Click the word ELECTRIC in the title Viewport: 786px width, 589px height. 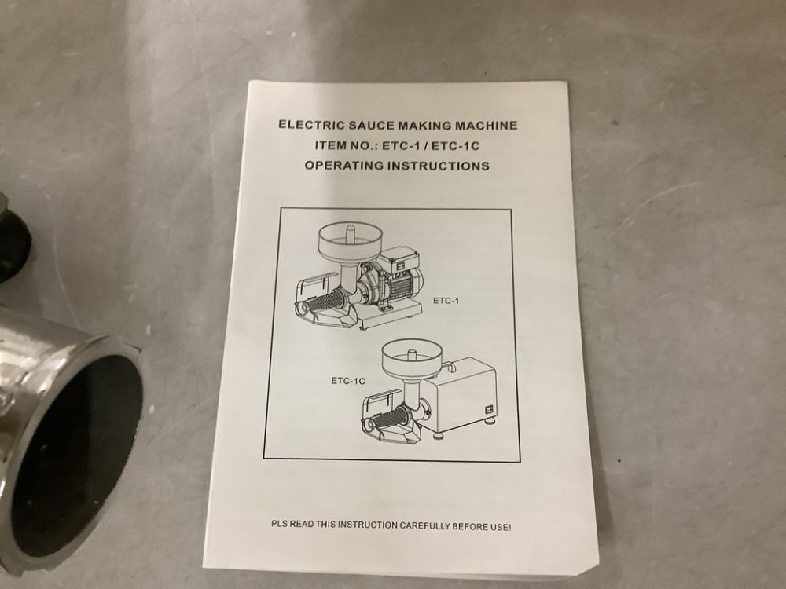(307, 125)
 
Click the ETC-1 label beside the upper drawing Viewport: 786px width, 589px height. (446, 301)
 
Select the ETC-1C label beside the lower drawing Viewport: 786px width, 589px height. (347, 382)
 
